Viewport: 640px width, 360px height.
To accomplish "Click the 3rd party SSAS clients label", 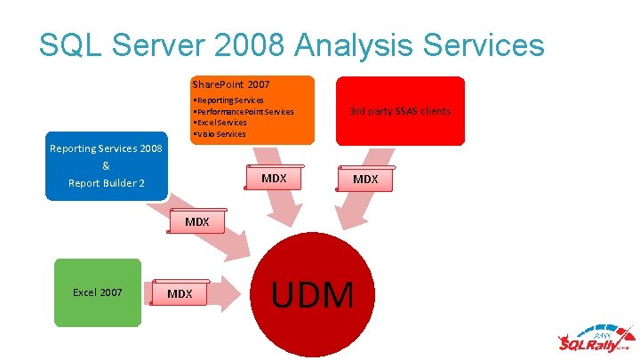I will coord(400,111).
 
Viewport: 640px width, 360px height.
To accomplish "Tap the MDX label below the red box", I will coord(365,180).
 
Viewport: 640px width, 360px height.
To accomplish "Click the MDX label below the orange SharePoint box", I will coord(274,179).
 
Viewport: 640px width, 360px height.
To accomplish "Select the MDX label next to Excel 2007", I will coord(180,293).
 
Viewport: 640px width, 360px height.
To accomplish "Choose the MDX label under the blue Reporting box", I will coord(196,221).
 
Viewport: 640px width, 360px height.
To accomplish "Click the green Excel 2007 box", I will coord(98,292).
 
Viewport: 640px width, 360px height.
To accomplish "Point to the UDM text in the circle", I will coord(313,294).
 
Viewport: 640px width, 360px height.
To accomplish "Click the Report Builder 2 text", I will coord(106,184).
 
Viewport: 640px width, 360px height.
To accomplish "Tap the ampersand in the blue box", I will coord(106,166).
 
